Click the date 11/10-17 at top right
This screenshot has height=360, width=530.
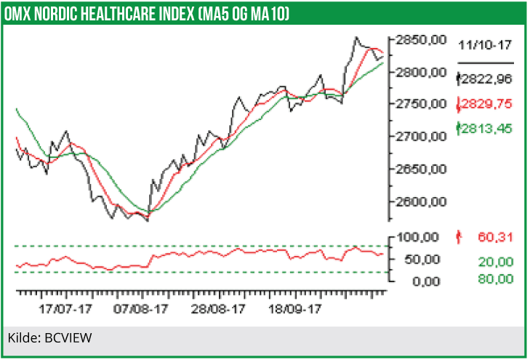(485, 45)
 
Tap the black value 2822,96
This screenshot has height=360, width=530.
(486, 79)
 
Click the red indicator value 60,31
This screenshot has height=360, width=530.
(495, 236)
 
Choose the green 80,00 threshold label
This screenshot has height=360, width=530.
(495, 279)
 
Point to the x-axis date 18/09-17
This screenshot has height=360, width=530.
(295, 308)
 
